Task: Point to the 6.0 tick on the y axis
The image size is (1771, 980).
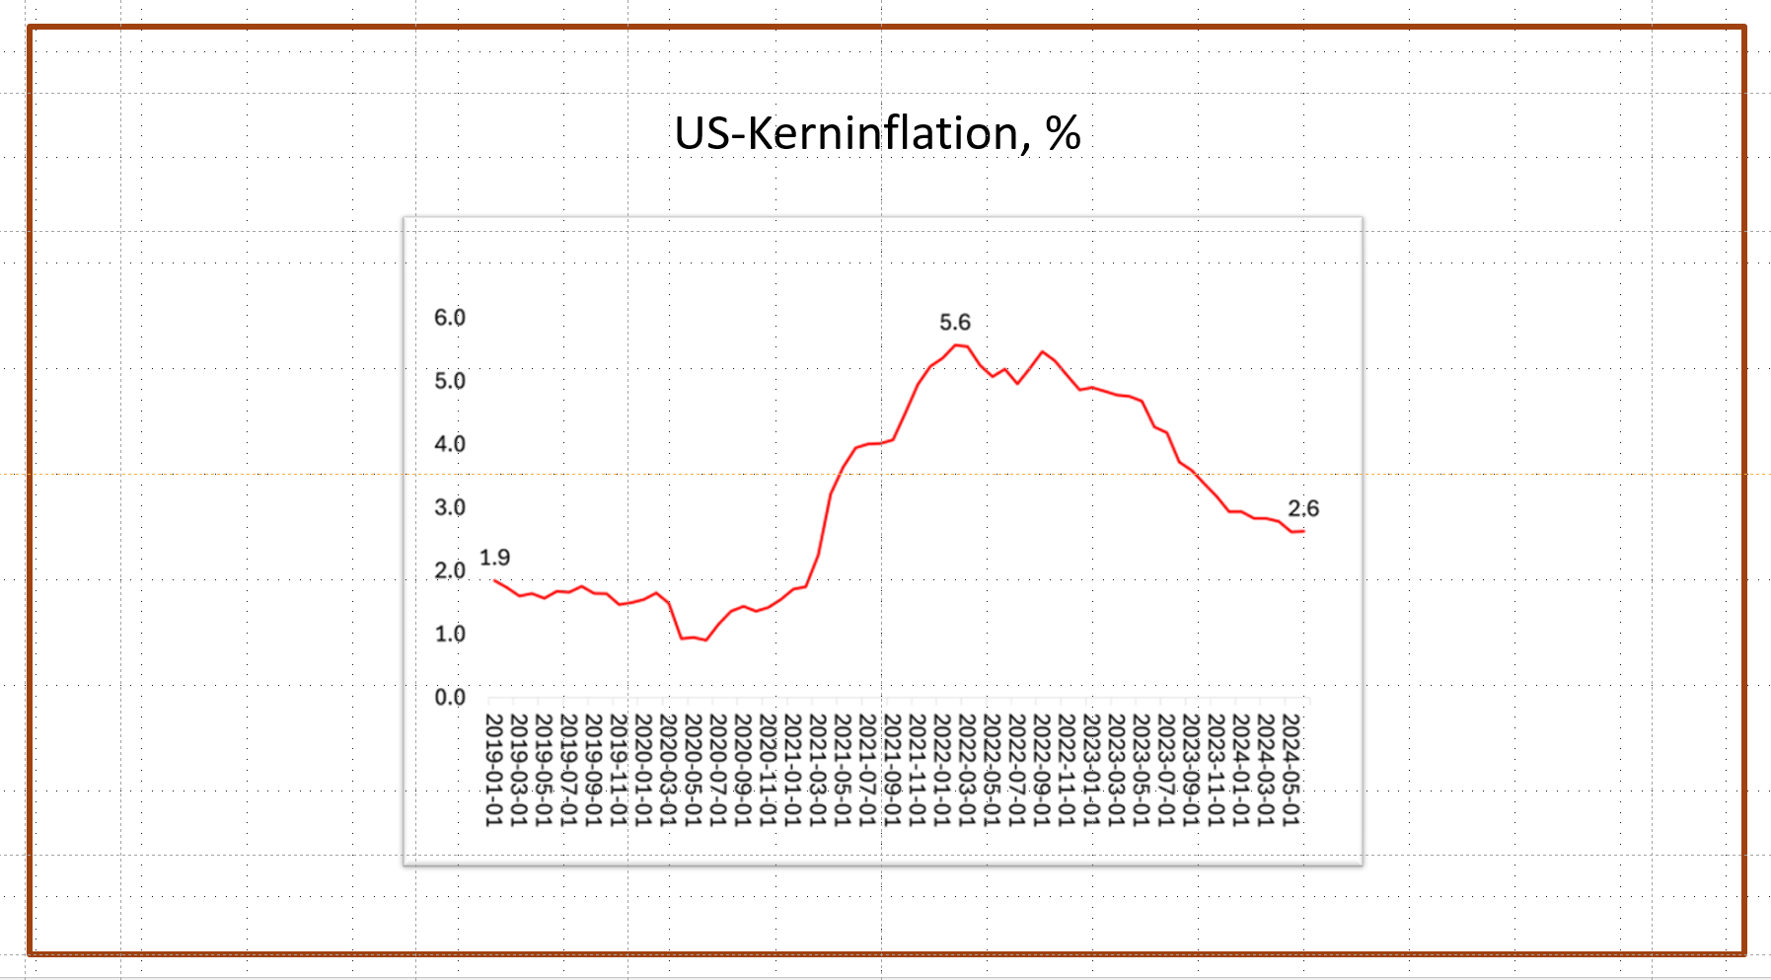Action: coord(450,318)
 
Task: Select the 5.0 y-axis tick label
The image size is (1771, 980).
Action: coord(450,381)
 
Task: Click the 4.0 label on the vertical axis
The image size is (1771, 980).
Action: coord(450,444)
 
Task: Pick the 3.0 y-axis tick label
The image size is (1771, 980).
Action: coord(450,507)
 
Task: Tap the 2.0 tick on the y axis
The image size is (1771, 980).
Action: coord(450,570)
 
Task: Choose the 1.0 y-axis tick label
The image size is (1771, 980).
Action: coord(450,634)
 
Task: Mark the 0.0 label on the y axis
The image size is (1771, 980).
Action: coord(450,698)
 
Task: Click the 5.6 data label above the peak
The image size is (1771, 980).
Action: coord(954,323)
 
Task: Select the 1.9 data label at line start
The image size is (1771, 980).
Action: coord(494,558)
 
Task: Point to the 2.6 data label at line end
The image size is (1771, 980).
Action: coord(1302,509)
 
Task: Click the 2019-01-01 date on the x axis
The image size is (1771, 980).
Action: coord(493,770)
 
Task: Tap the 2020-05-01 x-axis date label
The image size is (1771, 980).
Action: coord(693,770)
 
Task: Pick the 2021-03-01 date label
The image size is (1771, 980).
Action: coord(817,770)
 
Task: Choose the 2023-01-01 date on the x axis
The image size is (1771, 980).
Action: coord(1091,770)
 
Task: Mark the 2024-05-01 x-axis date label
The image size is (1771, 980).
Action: coord(1291,770)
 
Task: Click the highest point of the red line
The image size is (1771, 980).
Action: coord(956,345)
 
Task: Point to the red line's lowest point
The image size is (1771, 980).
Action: coord(705,641)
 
